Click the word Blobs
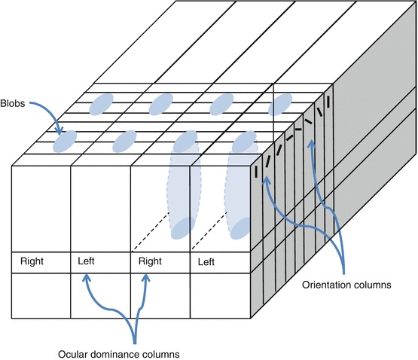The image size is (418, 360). pos(13,103)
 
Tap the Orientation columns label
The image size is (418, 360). pos(346,285)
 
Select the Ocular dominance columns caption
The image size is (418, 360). pos(119,355)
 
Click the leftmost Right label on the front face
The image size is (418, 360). pos(32,261)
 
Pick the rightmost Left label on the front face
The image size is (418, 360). pos(206,262)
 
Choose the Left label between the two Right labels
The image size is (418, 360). pos(86,261)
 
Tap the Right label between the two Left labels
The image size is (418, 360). pos(150,261)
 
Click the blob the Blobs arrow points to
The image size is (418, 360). pos(65,141)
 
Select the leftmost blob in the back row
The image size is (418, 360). pos(102,104)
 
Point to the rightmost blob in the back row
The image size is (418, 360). pos(280,105)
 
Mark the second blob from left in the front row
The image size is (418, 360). pos(124,142)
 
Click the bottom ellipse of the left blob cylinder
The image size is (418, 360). pos(183,228)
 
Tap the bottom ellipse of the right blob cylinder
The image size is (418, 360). pos(241,228)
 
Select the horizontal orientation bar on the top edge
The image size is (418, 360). pos(298,130)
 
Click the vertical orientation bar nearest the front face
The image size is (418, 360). pos(257,172)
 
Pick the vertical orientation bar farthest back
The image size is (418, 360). pos(328,102)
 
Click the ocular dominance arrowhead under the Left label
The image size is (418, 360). pos(86,278)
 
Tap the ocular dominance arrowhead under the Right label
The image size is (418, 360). pos(145,278)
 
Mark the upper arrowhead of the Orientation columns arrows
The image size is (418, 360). pos(311,144)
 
